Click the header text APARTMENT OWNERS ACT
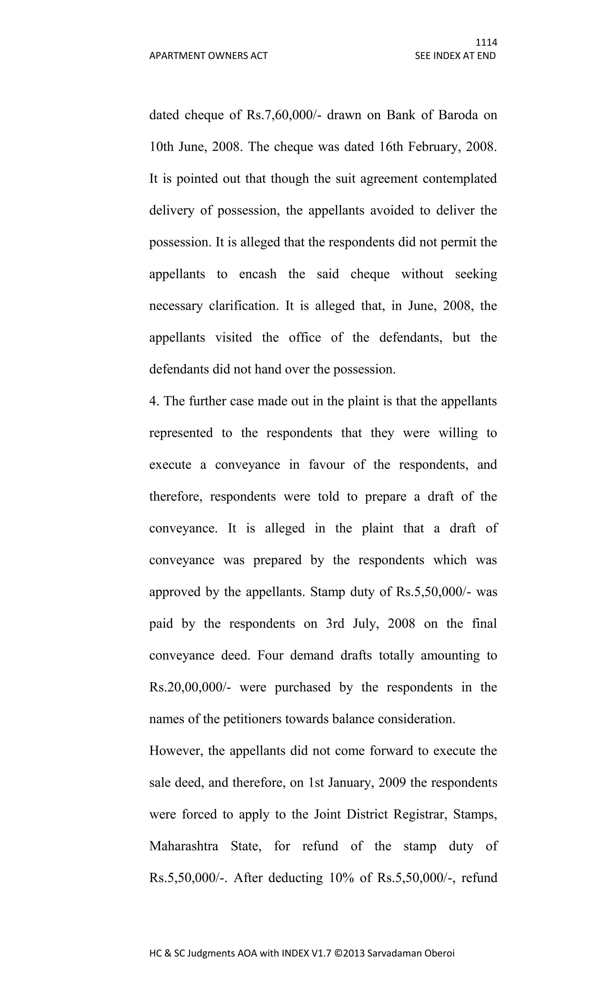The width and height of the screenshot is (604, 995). tap(208, 56)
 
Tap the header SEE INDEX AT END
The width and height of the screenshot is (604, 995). tap(455, 56)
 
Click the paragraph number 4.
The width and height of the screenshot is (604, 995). tap(152, 401)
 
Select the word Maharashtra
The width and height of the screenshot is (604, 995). tap(184, 846)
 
